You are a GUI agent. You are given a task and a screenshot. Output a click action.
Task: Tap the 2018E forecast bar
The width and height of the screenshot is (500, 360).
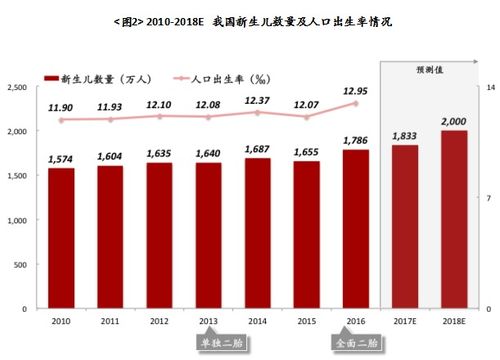[454, 219]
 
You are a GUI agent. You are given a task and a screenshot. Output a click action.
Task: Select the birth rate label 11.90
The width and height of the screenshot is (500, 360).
[63, 106]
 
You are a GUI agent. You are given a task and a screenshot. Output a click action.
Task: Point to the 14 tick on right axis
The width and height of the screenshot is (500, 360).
[491, 88]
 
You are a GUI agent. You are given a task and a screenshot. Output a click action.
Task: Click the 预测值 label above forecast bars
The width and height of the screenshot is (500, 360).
[429, 70]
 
